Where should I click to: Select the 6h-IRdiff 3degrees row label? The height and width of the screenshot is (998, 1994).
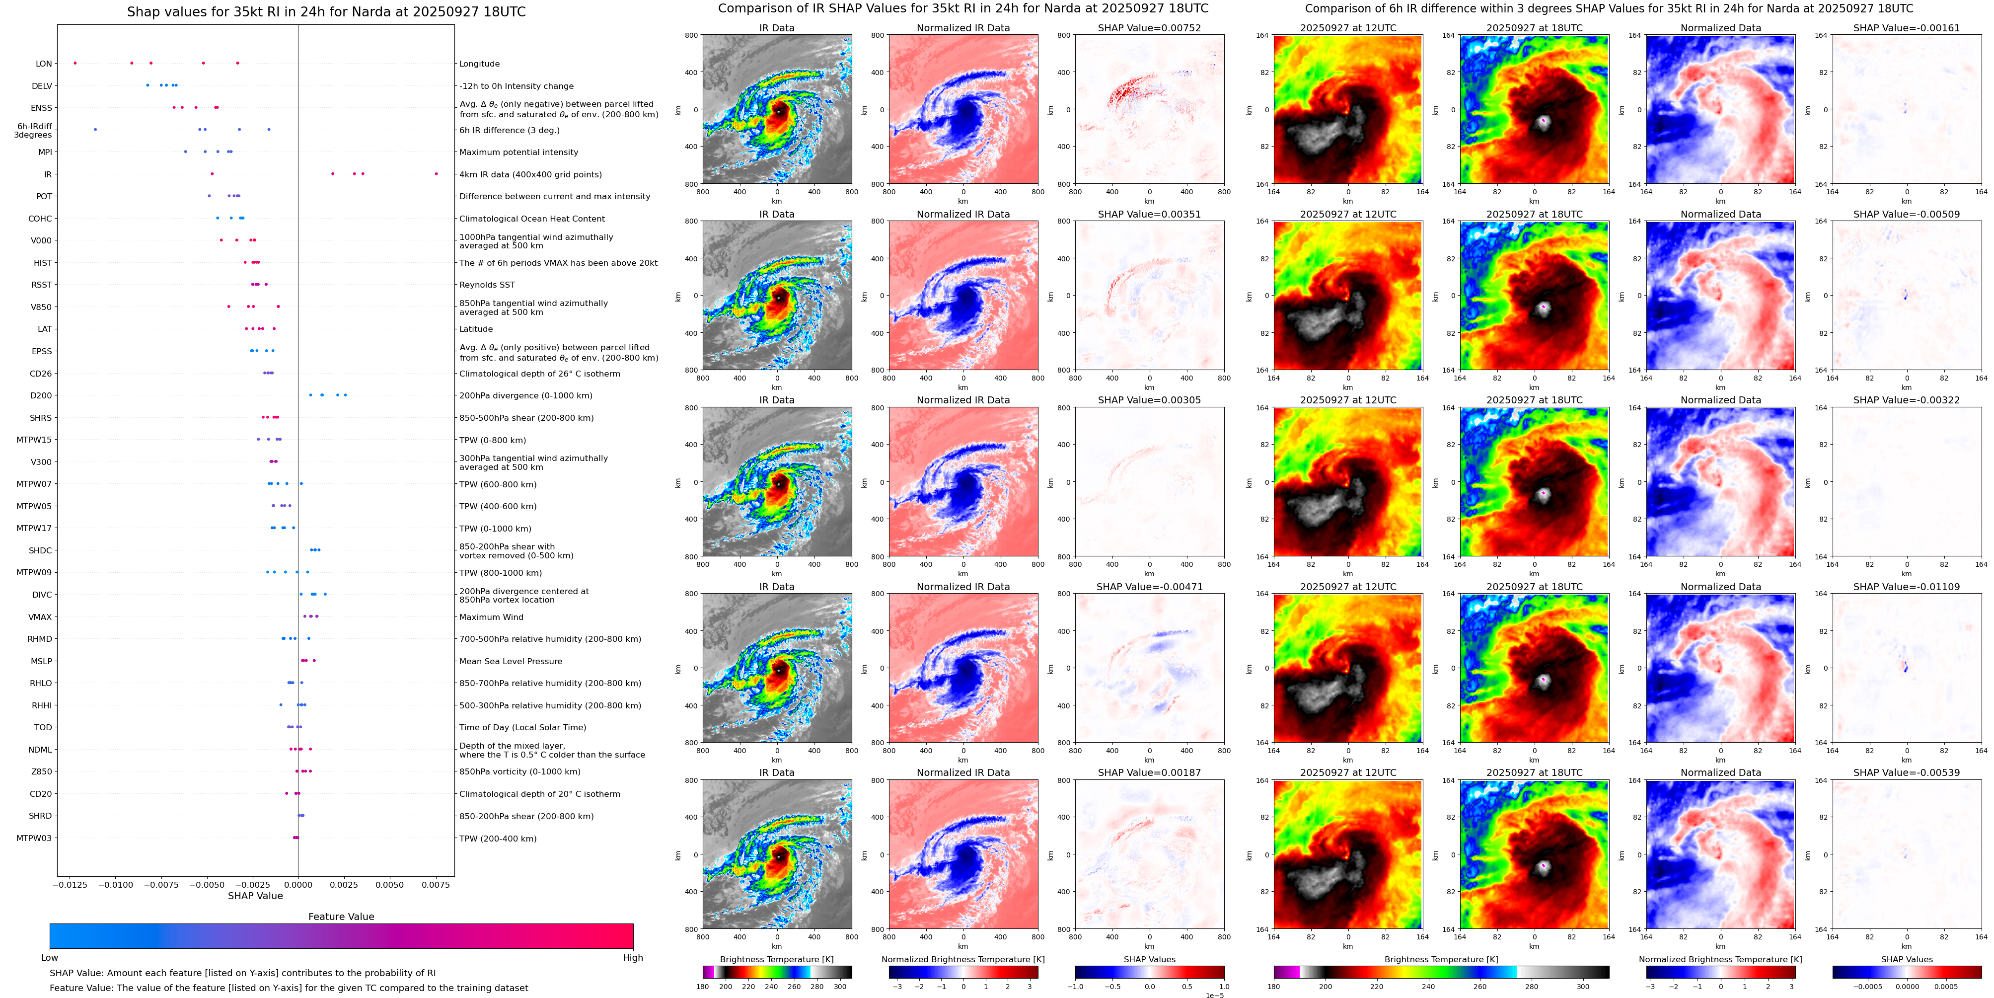click(x=34, y=130)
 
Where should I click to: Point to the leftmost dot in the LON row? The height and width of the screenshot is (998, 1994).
click(x=75, y=63)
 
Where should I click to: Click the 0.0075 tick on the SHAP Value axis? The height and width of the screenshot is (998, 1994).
click(x=436, y=884)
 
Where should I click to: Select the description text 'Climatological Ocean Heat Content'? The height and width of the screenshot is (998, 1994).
click(x=532, y=219)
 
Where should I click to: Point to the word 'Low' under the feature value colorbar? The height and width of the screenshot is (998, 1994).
click(x=50, y=958)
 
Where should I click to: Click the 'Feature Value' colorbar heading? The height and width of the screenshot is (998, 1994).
click(x=341, y=917)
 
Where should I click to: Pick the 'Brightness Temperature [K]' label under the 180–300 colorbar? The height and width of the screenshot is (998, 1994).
click(x=776, y=959)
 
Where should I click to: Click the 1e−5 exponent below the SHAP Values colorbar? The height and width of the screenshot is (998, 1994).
click(x=1214, y=996)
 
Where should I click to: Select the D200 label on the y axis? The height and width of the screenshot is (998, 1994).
click(x=41, y=395)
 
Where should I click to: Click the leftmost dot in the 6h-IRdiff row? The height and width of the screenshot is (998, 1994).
click(x=95, y=129)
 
